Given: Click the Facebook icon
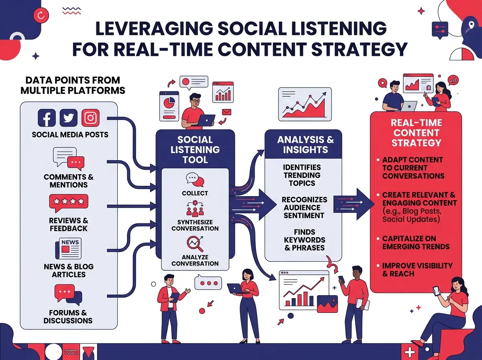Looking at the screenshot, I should (x=47, y=118).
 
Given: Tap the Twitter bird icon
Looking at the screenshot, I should (x=69, y=118).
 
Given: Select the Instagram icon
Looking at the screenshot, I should (x=90, y=118).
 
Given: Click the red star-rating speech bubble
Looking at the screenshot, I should (x=68, y=202).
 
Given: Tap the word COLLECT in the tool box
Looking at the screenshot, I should (x=195, y=193).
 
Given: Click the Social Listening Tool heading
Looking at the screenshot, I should (x=195, y=149).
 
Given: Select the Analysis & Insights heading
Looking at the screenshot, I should (x=305, y=145).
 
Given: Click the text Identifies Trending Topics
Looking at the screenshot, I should (x=302, y=175).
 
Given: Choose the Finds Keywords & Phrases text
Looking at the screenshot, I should (x=304, y=240).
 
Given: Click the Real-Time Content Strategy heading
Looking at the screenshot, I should (x=416, y=133).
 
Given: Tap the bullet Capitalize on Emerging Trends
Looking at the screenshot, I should (x=415, y=243).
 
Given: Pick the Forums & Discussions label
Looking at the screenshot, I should (x=68, y=317).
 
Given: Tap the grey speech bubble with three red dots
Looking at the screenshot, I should (x=208, y=282).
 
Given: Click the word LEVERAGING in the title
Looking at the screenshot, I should (x=157, y=29).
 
